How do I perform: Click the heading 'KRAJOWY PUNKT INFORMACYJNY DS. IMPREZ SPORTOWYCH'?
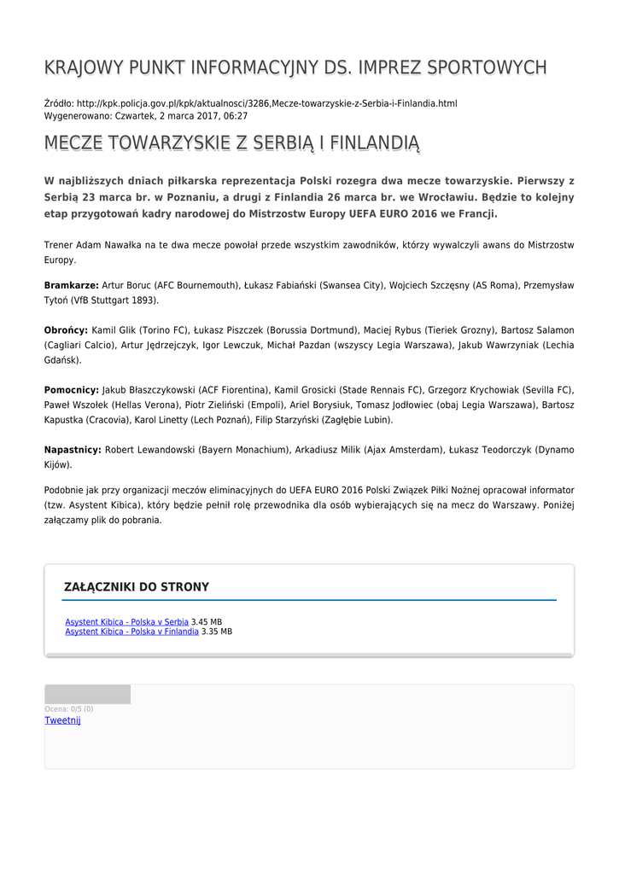pos(295,67)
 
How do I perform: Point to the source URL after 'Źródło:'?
pos(266,103)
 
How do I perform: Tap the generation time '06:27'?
pos(237,115)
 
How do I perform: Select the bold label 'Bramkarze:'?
pos(71,285)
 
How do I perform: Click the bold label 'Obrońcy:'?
pos(66,329)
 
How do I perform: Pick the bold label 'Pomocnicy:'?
pos(71,389)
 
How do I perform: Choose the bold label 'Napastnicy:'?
pos(73,450)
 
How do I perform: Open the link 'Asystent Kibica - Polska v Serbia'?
pos(126,622)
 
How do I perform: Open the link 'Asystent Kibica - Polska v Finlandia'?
pos(131,632)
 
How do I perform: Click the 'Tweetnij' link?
pos(62,720)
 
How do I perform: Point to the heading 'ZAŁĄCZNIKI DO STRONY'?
pos(137,587)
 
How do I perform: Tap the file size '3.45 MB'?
pos(207,622)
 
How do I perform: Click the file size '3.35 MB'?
pos(217,632)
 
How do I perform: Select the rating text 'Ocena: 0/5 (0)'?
pos(69,709)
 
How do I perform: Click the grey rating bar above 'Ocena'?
pos(87,694)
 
